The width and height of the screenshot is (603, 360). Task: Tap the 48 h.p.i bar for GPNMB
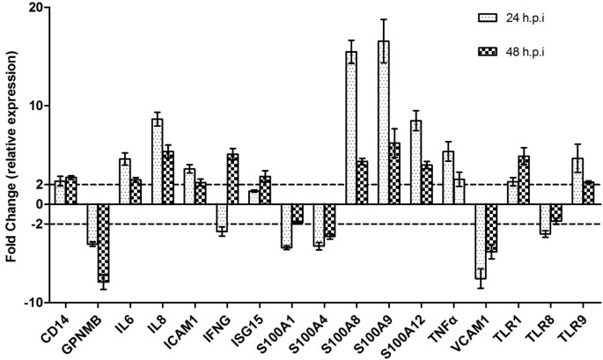[103, 243]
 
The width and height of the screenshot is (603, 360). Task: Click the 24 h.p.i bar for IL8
[157, 161]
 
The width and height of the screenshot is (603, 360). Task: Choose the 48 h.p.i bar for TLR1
[524, 180]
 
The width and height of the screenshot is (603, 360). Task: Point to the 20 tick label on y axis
[35, 7]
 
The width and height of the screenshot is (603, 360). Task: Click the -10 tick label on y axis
[33, 302]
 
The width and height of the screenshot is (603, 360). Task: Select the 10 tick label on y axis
[35, 106]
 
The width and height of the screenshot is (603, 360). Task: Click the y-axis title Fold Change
[12, 154]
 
